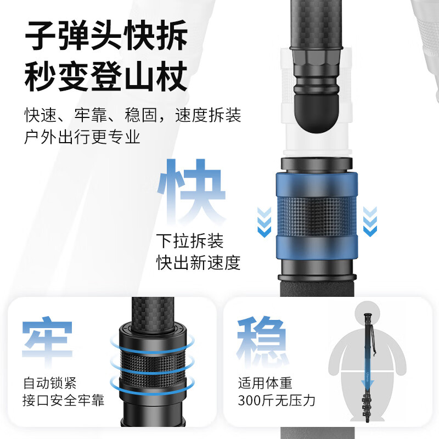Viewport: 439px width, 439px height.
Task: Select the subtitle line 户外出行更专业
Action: click(82, 137)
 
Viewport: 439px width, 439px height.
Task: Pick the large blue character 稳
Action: click(262, 341)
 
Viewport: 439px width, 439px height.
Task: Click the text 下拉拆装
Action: click(190, 241)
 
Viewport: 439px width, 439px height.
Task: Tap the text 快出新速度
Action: click(198, 263)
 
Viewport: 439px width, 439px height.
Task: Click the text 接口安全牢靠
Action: click(64, 401)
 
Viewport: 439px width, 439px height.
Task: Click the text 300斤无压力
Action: click(277, 401)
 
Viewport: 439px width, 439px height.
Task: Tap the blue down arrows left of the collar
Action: click(264, 221)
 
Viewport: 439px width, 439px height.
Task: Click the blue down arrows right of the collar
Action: click(371, 221)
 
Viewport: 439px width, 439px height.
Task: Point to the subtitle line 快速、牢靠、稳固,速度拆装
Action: click(132, 115)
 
